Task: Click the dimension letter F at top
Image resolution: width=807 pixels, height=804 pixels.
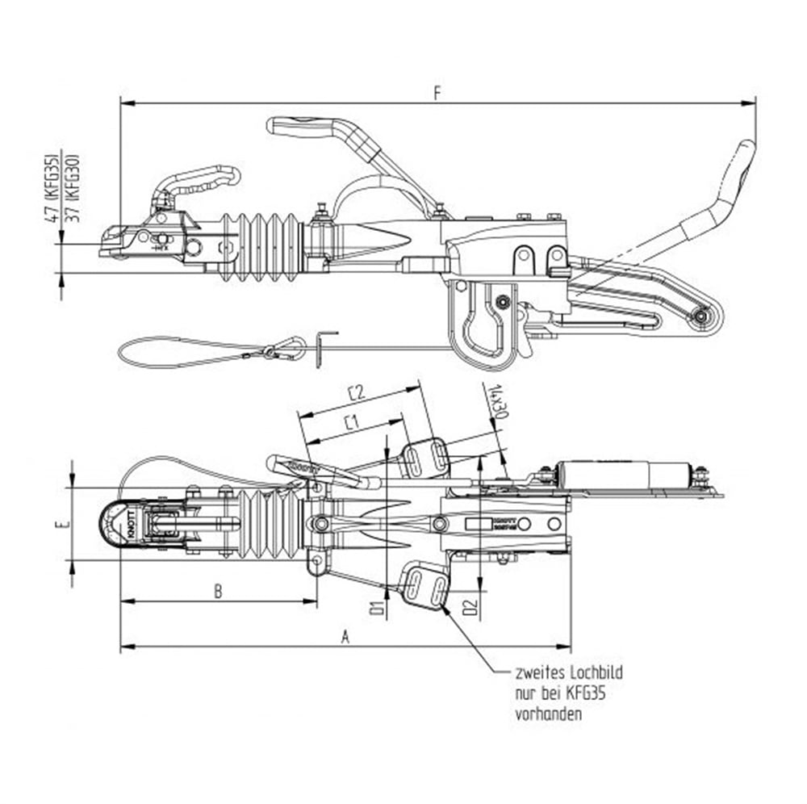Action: [x=437, y=93]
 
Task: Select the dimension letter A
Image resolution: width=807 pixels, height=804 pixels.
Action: [x=345, y=637]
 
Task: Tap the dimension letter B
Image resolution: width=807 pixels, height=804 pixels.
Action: [x=218, y=591]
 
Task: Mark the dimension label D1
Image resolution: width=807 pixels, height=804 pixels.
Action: [x=375, y=607]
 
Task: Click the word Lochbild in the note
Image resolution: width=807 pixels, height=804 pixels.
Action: [x=596, y=672]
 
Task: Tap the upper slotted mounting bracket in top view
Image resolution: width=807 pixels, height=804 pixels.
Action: [x=426, y=459]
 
